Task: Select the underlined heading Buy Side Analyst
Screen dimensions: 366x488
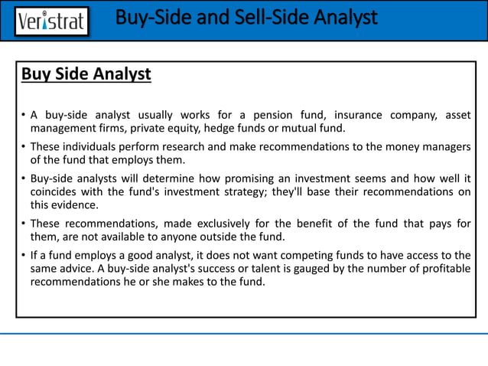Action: pyautogui.click(x=86, y=75)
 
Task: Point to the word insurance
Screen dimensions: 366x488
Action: pyautogui.click(x=351, y=116)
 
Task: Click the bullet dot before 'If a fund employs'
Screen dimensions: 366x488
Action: pyautogui.click(x=24, y=255)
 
